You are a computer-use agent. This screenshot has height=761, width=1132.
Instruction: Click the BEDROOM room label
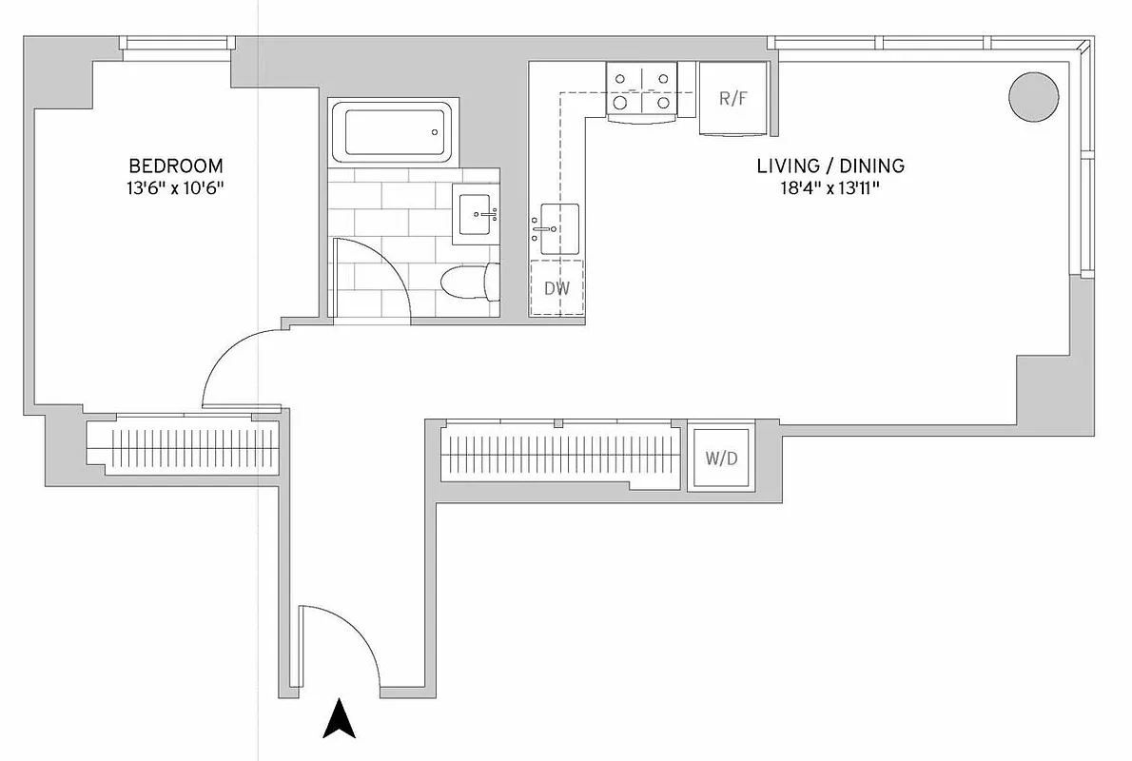tap(176, 165)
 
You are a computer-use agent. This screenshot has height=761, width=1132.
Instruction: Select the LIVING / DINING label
tap(829, 166)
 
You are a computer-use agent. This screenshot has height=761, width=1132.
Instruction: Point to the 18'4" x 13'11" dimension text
tap(829, 188)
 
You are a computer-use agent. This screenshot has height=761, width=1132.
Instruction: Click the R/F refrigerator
tap(732, 98)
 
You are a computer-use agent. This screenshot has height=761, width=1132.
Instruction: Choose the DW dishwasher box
tap(556, 286)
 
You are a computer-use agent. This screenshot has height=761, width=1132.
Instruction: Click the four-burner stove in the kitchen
tap(643, 91)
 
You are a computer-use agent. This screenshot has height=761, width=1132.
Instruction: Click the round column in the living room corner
tap(1033, 96)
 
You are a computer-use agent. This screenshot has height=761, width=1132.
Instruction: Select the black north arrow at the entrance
tap(339, 719)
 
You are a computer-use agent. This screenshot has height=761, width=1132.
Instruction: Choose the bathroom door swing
tap(371, 276)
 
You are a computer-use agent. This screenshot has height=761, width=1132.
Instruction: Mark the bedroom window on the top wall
tap(177, 44)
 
